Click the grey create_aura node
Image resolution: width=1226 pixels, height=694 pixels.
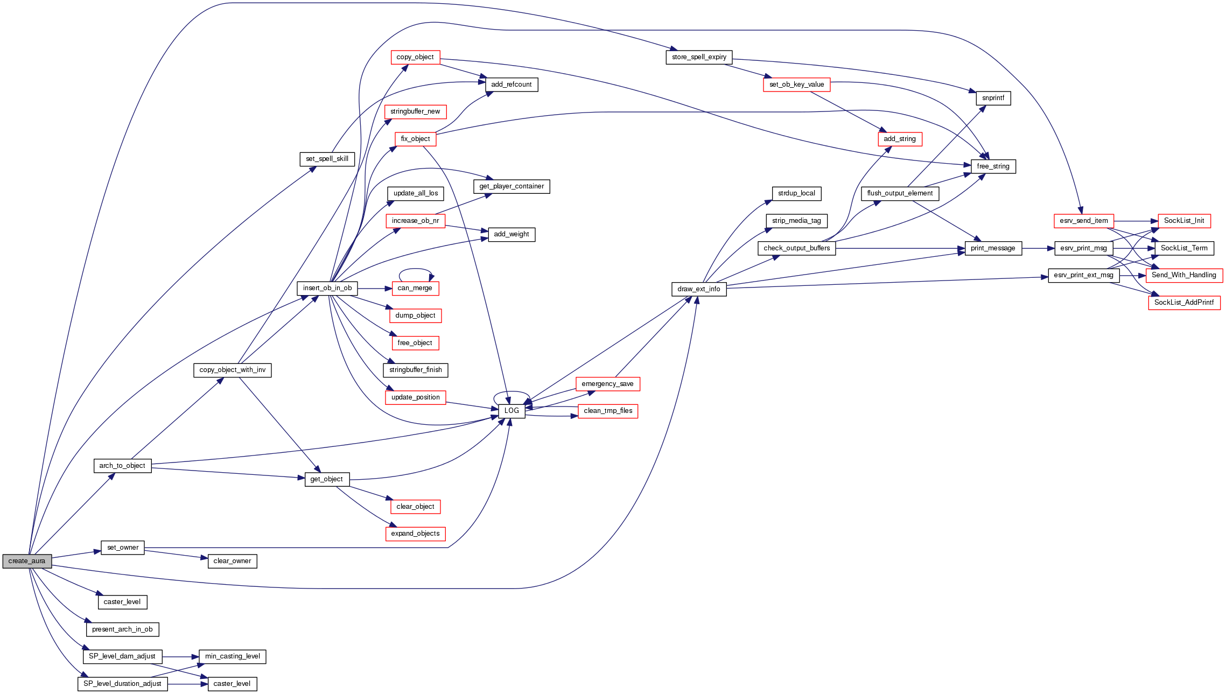click(x=27, y=561)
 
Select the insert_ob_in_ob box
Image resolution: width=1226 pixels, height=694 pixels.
click(x=327, y=288)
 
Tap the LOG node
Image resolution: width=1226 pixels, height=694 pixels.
click(x=512, y=411)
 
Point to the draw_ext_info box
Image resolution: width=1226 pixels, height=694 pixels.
click(x=699, y=289)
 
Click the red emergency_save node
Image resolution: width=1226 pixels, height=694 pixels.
click(x=607, y=384)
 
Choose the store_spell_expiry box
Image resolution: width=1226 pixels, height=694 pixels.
click(x=699, y=57)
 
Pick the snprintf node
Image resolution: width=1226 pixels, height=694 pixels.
click(x=993, y=98)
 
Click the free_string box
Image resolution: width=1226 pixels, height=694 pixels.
click(x=993, y=166)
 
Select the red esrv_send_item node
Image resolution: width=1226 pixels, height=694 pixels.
click(x=1083, y=221)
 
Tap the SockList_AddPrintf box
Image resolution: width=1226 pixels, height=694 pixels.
click(x=1184, y=303)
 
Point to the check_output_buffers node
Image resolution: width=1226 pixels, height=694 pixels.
click(x=796, y=248)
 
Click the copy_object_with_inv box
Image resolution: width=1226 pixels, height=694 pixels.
click(x=232, y=370)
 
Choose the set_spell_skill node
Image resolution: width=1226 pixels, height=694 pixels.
click(x=327, y=159)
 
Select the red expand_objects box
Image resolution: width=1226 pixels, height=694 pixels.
click(x=415, y=534)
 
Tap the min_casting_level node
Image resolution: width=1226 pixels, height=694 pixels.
click(x=232, y=656)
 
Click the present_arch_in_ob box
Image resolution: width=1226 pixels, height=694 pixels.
click(x=122, y=629)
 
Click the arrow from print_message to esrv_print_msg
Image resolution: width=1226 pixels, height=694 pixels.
click(x=1038, y=248)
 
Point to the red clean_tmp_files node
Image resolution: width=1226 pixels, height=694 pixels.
click(x=608, y=411)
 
